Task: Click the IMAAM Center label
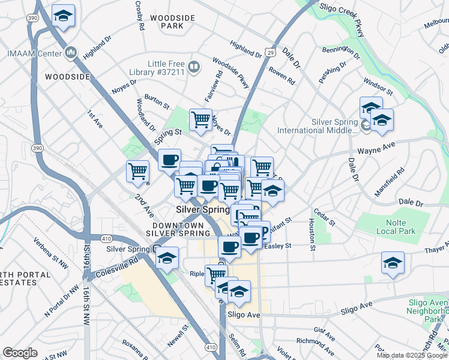click(x=34, y=53)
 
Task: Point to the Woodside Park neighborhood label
click(x=173, y=22)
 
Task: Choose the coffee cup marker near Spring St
click(x=170, y=159)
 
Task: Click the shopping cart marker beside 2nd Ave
click(x=138, y=171)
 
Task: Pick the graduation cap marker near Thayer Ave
click(x=393, y=263)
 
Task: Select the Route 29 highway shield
click(x=271, y=53)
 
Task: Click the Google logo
click(x=20, y=353)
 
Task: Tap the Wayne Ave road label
click(x=376, y=146)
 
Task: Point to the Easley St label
click(x=277, y=245)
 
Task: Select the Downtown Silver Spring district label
click(x=177, y=229)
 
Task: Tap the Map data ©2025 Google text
click(x=411, y=355)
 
